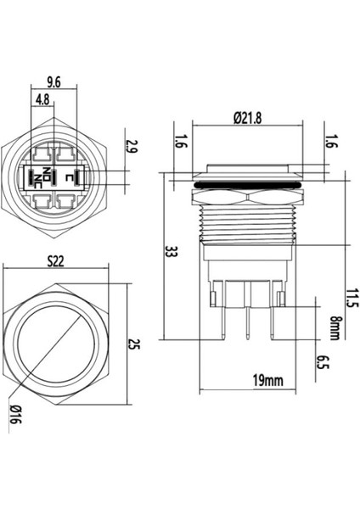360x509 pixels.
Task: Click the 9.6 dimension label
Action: pos(53,81)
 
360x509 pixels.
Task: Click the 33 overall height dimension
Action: pos(170,252)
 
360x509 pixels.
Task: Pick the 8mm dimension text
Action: pos(333,326)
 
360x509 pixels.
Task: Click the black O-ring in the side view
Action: pos(246,182)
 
